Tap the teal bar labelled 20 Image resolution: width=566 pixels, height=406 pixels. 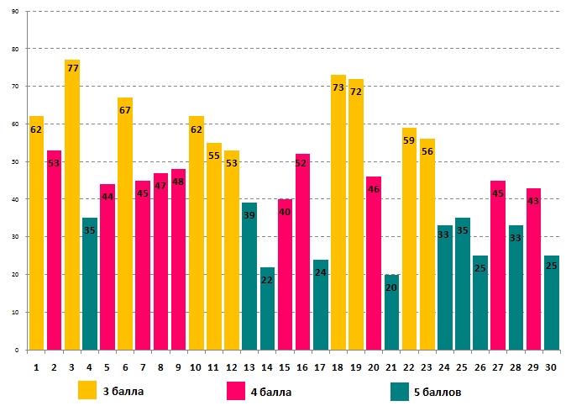click(392, 312)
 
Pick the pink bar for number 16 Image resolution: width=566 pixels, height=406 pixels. click(303, 252)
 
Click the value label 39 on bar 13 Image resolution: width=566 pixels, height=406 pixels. click(249, 216)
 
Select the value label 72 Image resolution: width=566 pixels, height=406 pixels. click(356, 92)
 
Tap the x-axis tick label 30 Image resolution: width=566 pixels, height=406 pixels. click(552, 367)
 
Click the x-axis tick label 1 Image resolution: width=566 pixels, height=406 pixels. click(36, 367)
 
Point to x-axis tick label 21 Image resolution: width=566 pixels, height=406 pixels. click(392, 367)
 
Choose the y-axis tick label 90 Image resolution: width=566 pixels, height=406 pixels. click(15, 13)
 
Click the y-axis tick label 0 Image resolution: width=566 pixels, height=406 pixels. click(17, 350)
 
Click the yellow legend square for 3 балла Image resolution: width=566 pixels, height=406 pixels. click(87, 390)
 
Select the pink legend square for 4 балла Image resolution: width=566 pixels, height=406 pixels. click(236, 390)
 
